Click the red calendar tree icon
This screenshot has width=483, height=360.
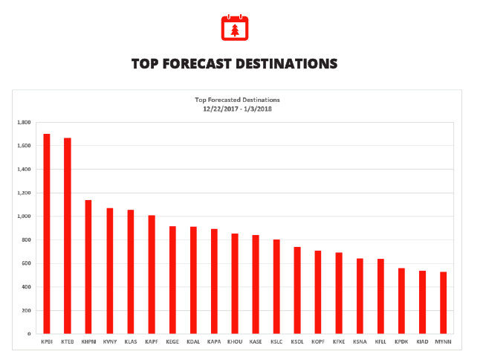pyautogui.click(x=235, y=28)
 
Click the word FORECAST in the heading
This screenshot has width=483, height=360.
pyautogui.click(x=197, y=64)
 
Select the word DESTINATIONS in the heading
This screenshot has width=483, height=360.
pyautogui.click(x=288, y=64)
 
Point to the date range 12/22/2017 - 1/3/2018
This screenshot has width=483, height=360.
pyautogui.click(x=237, y=108)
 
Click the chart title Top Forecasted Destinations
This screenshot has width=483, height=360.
pyautogui.click(x=237, y=100)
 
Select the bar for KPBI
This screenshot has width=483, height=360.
pyautogui.click(x=47, y=234)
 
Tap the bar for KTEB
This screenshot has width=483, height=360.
pyautogui.click(x=68, y=236)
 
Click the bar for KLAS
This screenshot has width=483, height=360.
pyautogui.click(x=131, y=271)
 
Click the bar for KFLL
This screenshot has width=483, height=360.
pyautogui.click(x=380, y=296)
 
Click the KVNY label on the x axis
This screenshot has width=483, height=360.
pyautogui.click(x=110, y=342)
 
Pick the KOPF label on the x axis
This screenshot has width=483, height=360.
pyautogui.click(x=318, y=342)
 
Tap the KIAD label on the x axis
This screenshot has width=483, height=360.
pyautogui.click(x=422, y=342)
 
